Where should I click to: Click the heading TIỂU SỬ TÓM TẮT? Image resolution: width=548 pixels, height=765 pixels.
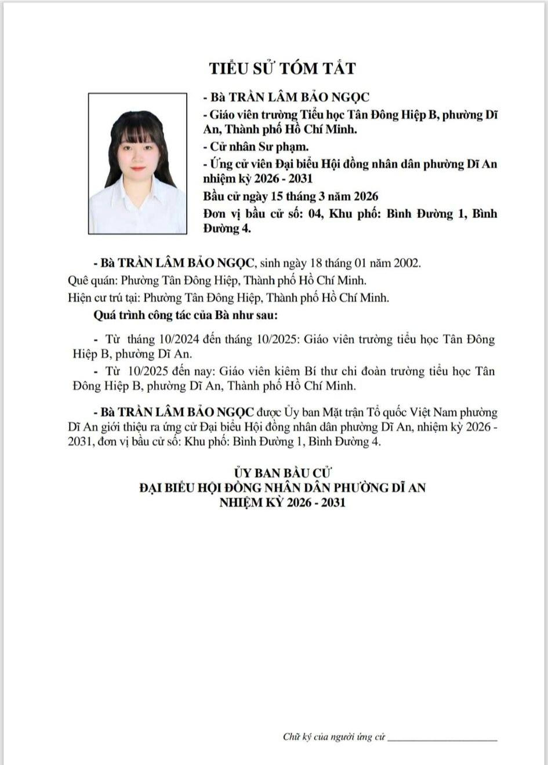click(x=282, y=68)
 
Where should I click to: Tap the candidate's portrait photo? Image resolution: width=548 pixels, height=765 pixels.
click(x=137, y=163)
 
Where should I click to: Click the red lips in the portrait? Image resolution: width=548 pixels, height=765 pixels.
click(x=137, y=168)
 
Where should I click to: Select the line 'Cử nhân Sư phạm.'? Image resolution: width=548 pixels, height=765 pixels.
click(x=256, y=147)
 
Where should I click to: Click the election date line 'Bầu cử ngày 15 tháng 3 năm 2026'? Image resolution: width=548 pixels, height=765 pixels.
click(x=291, y=196)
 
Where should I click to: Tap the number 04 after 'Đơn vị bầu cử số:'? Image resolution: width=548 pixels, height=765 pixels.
click(x=315, y=214)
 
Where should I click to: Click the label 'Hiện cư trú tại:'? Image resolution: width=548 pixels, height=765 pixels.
click(x=103, y=298)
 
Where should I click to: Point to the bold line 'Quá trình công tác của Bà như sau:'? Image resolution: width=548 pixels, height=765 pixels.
click(x=185, y=316)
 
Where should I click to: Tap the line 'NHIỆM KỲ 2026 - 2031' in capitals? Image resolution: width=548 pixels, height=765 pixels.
click(x=282, y=502)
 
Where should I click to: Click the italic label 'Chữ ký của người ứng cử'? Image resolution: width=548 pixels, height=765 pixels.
click(x=334, y=737)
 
